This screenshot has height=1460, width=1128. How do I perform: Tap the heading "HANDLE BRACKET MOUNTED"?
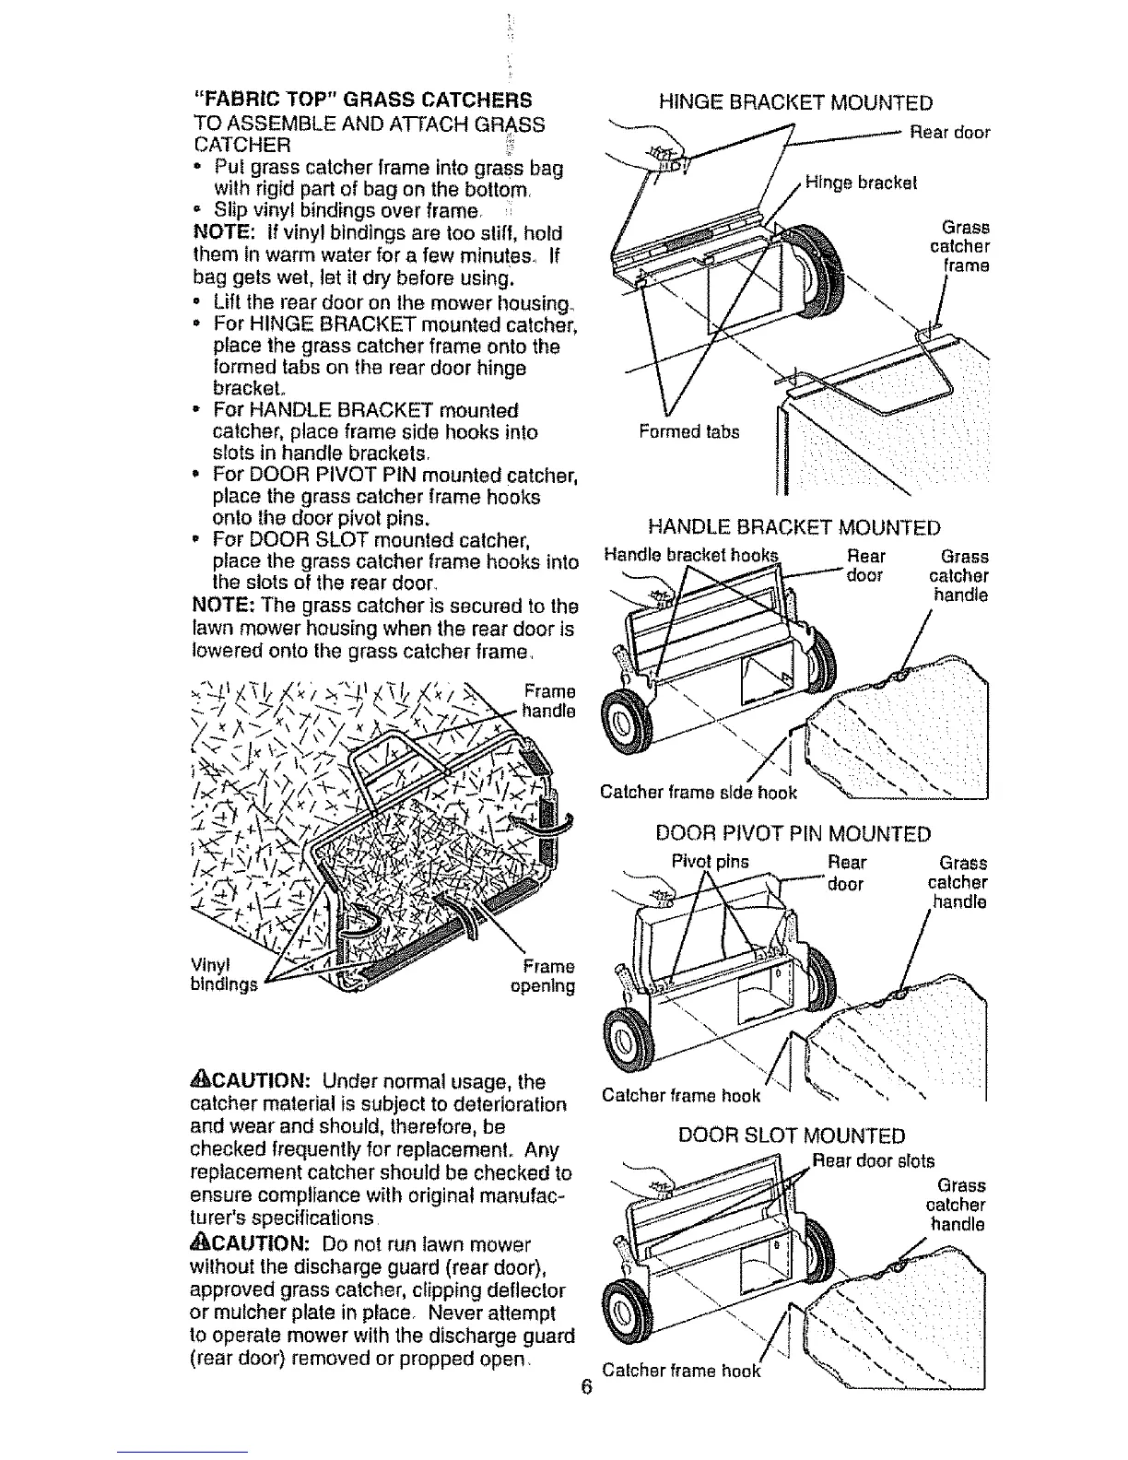[x=794, y=527]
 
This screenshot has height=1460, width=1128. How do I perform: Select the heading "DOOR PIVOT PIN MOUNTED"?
[x=793, y=834]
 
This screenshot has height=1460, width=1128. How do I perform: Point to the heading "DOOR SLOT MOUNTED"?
[x=792, y=1136]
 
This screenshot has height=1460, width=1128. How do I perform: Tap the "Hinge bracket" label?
[x=861, y=182]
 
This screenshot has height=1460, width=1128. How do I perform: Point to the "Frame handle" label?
[x=548, y=701]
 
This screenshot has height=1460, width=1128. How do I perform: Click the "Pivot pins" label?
[x=710, y=863]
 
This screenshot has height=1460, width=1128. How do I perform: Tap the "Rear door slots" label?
[x=875, y=1160]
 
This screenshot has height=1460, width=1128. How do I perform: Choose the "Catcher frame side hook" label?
[x=698, y=792]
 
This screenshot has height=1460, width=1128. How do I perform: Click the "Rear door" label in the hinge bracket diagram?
[x=949, y=132]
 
